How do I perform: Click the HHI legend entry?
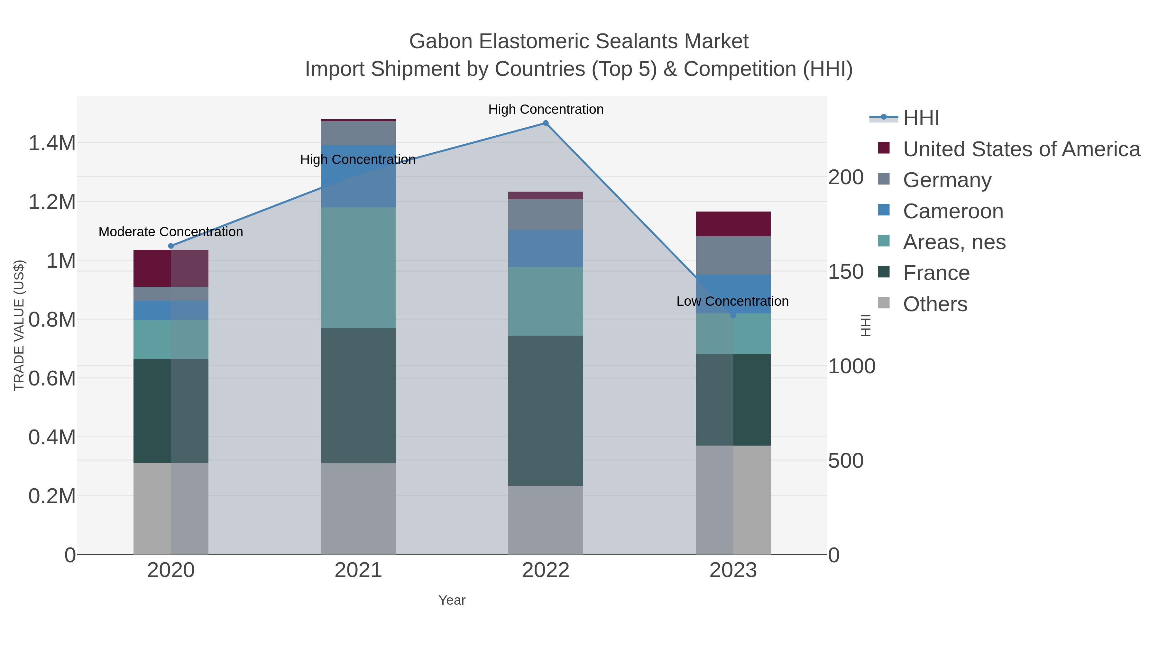921,118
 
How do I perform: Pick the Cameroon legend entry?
952,211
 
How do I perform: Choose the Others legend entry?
934,304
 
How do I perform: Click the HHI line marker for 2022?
546,123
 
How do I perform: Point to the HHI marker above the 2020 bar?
171,246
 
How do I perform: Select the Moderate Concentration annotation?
171,232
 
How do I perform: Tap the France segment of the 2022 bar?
546,410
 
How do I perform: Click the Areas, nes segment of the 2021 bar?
358,268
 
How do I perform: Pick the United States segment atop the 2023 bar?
733,224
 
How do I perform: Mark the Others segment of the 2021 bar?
358,509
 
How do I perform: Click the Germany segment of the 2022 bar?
546,215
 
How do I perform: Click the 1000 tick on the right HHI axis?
851,366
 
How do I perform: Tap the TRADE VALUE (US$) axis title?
19,325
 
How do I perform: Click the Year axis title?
452,600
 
